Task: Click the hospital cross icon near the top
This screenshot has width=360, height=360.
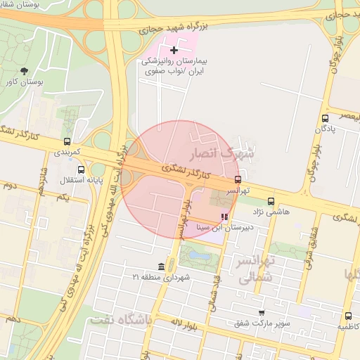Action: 174,50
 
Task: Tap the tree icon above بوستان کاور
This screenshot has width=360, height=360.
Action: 25,71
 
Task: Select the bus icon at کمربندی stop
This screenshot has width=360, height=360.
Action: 67,141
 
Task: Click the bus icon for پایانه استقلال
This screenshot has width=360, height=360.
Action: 82,169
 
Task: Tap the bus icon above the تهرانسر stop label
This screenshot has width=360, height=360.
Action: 237,179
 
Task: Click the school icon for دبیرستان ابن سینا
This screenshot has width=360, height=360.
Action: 224,217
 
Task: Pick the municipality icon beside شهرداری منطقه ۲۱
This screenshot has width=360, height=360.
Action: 162,266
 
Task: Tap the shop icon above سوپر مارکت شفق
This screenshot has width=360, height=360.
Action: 262,313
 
